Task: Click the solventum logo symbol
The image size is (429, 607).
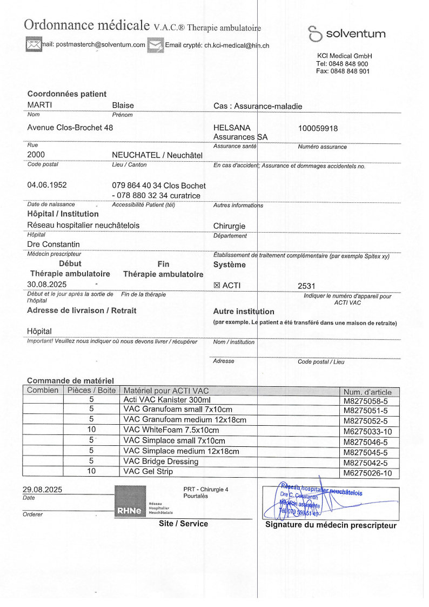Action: (x=314, y=34)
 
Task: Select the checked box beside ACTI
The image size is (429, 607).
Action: (x=217, y=286)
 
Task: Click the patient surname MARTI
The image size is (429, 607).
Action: (x=39, y=105)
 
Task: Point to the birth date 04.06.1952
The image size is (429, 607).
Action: (x=47, y=185)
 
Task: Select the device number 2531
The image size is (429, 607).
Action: (x=306, y=286)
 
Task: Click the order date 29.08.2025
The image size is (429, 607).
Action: (x=42, y=490)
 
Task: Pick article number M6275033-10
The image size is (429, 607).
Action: (x=367, y=431)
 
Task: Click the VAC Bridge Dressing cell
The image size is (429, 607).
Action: (x=161, y=461)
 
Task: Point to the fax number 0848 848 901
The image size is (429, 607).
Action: (x=343, y=71)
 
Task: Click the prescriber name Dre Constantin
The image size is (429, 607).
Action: (x=53, y=245)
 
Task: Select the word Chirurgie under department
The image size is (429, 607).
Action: (x=230, y=226)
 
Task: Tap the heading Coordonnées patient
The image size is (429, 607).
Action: (x=67, y=94)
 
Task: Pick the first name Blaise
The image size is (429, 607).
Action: (x=123, y=105)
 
